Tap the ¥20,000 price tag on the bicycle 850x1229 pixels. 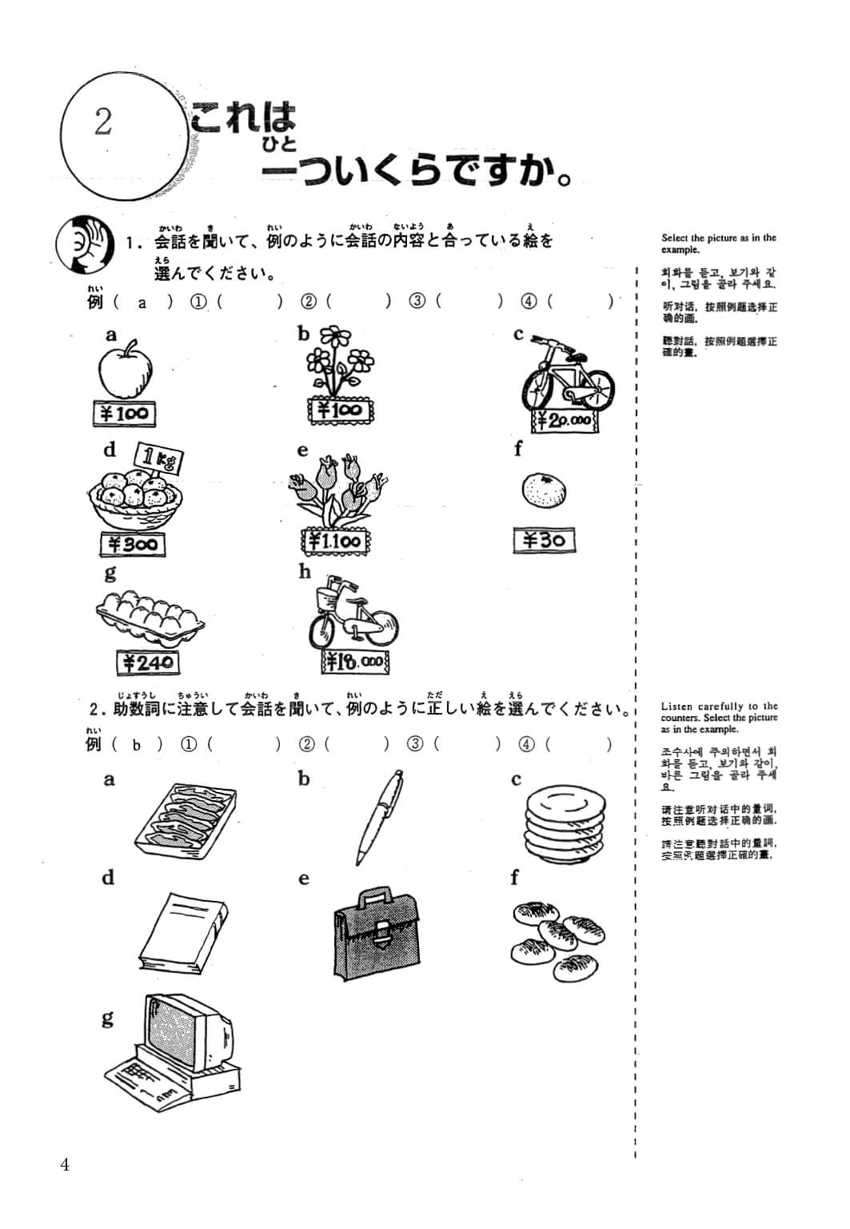[564, 420]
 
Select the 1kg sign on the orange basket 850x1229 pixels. [160, 458]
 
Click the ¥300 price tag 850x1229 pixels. [133, 545]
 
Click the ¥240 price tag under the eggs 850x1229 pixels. [147, 663]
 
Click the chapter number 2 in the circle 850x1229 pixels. [102, 122]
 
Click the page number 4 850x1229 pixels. [64, 1164]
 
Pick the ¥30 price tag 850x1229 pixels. [544, 541]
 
